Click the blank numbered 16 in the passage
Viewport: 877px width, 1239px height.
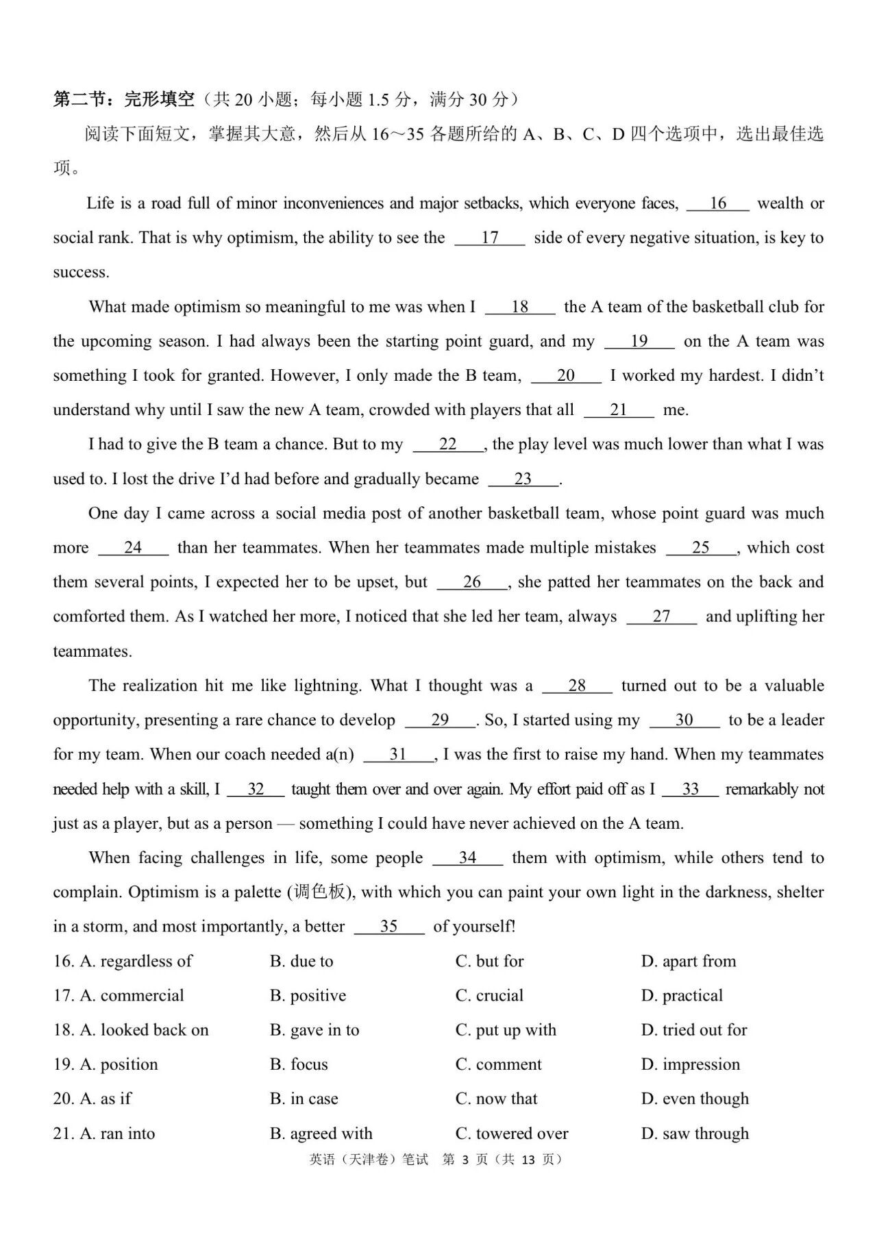pos(717,203)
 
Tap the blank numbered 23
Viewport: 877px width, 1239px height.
pos(523,479)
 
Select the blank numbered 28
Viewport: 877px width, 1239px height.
pos(577,686)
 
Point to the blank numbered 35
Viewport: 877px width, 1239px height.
pos(388,927)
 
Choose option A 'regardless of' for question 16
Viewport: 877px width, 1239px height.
pos(136,961)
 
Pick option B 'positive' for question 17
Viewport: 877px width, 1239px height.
pos(308,995)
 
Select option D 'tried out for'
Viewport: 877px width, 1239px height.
pos(693,1029)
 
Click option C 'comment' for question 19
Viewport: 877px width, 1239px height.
pos(498,1064)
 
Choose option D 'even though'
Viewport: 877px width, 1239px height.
pos(695,1099)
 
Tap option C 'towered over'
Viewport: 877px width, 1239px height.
pos(512,1134)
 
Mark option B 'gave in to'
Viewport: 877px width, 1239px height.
pos(314,1029)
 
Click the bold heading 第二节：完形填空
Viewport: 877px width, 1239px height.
pos(124,100)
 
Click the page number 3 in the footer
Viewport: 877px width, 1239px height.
pos(465,1160)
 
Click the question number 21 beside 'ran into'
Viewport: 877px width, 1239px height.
pos(63,1134)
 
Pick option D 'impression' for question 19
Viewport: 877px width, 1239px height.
pos(691,1064)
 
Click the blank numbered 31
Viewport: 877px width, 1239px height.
pos(398,754)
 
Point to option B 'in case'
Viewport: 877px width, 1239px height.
pos(304,1099)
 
